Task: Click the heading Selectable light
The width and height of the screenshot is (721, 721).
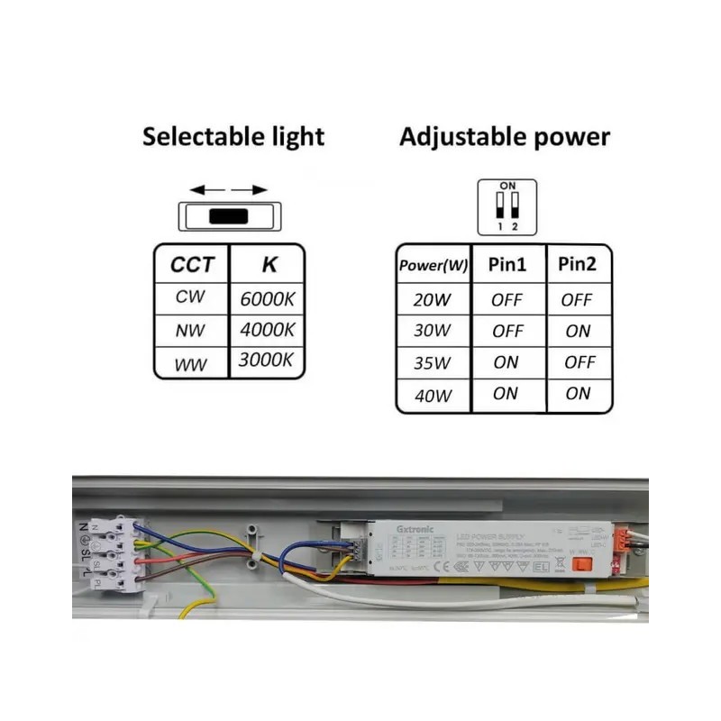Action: coord(233,137)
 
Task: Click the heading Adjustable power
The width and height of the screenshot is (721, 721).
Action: coord(505,137)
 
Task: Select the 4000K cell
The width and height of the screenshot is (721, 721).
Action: coord(268,330)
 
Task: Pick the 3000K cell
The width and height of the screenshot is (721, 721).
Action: coord(268,360)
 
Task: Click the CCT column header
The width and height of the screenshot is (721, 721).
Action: coord(193,265)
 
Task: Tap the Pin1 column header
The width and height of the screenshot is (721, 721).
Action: coord(507,265)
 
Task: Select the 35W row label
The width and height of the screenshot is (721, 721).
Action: coord(432,362)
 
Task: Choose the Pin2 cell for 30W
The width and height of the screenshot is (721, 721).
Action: coord(578,331)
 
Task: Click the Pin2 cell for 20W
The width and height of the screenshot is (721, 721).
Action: coord(578,300)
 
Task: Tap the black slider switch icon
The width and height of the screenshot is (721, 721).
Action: coord(229,216)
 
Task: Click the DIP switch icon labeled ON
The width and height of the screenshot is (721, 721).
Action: coord(507,205)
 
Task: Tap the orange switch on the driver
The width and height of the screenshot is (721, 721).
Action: coord(582,565)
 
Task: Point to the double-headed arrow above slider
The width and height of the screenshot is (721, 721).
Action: coord(229,190)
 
